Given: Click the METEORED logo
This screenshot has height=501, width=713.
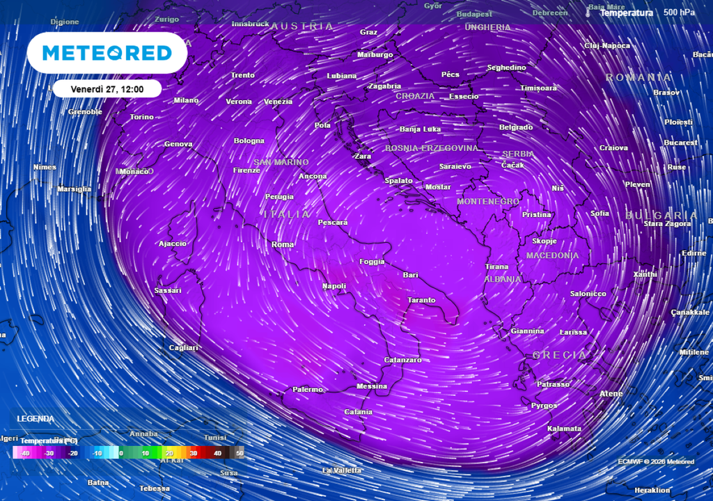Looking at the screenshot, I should (x=107, y=53).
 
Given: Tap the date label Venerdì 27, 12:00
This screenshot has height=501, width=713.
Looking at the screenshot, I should (x=107, y=89).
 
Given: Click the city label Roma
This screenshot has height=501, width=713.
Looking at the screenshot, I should (x=283, y=244).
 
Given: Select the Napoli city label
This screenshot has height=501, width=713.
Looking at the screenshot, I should (x=334, y=286).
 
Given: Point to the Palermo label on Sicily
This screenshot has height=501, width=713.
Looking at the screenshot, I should (x=307, y=389).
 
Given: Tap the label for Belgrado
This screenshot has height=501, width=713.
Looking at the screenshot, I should (x=516, y=127).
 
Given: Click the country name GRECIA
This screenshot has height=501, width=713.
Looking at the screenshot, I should (x=559, y=355).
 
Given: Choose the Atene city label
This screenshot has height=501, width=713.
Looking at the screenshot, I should (x=611, y=394).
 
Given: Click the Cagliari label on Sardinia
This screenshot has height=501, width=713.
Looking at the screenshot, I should (x=184, y=347).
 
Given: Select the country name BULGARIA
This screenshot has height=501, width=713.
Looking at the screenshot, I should (x=661, y=215).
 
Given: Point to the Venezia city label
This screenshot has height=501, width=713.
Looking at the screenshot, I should (x=278, y=102).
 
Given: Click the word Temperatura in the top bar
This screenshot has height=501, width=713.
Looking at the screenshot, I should (x=627, y=13).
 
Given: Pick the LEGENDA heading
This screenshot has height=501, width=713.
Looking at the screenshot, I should (x=36, y=419).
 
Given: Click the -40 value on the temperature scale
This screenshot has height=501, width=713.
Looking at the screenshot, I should (x=25, y=454).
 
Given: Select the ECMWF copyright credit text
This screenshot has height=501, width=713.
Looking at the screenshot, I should (x=655, y=461).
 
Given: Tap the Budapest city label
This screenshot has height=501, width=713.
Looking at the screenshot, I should (x=474, y=14).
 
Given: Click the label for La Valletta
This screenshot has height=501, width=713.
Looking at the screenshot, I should (x=342, y=470).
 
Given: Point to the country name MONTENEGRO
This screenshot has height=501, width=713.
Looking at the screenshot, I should (x=487, y=201).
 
